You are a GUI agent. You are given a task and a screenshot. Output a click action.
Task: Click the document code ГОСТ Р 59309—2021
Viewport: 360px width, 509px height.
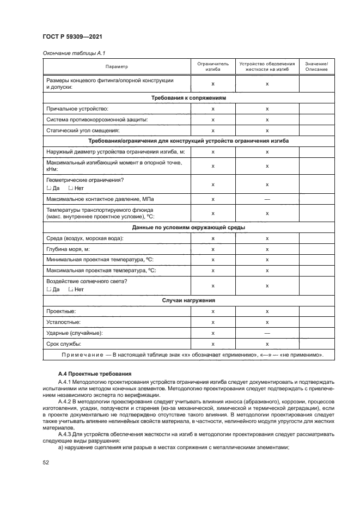72,36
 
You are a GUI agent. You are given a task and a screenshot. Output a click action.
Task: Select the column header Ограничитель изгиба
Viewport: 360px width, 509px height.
213,66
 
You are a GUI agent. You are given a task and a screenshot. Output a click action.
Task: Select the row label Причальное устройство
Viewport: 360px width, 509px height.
78,109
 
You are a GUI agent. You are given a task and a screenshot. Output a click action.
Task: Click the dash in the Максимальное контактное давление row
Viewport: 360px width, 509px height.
267,199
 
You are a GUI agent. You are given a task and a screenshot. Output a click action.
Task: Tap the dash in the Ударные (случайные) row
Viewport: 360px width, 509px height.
267,333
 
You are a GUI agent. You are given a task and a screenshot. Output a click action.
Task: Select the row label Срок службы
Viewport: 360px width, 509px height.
64,344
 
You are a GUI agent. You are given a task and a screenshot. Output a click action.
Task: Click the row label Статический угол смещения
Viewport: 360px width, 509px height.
82,131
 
